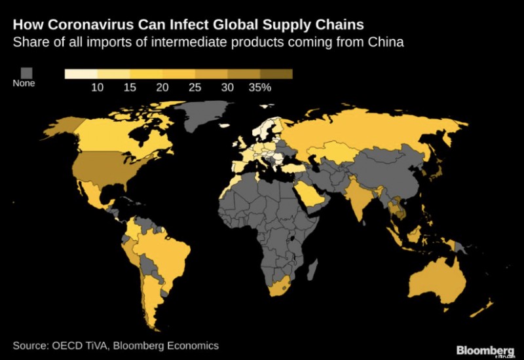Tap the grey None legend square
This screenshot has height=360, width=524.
(27, 72)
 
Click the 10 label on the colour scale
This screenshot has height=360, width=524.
(98, 87)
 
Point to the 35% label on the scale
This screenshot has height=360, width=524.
(260, 87)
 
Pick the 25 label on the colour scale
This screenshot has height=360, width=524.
(195, 87)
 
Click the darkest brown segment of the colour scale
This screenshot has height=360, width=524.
(276, 74)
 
